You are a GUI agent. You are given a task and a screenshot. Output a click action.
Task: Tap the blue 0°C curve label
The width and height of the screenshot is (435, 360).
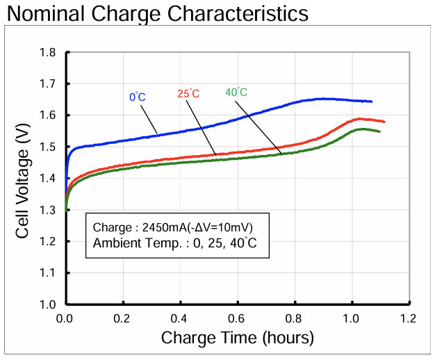click(x=138, y=98)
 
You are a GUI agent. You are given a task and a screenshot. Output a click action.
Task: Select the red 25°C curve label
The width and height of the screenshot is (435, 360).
click(x=188, y=94)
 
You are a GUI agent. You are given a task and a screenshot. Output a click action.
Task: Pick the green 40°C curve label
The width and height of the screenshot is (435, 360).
click(x=236, y=92)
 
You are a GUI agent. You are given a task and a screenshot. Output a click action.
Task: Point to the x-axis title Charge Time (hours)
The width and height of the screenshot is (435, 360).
click(x=238, y=338)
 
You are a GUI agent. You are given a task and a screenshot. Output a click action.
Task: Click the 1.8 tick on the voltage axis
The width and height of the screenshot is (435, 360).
click(x=48, y=53)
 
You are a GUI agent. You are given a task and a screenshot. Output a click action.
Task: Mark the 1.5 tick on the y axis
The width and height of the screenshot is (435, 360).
click(x=48, y=147)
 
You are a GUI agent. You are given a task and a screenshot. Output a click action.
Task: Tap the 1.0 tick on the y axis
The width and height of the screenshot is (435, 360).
click(x=48, y=304)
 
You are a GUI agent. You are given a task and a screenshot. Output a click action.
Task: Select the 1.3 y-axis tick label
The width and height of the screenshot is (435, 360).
click(x=48, y=210)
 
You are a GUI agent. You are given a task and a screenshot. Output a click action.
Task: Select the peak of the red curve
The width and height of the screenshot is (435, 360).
click(x=359, y=119)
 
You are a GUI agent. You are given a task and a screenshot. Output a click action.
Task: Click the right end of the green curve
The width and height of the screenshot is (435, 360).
click(x=379, y=131)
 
